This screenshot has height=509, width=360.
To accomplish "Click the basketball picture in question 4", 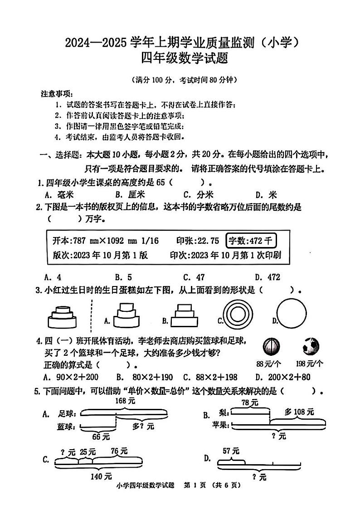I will click(272, 347).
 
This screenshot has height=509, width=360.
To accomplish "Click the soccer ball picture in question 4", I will click(311, 347).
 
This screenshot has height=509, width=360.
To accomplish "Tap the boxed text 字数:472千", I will click(251, 241).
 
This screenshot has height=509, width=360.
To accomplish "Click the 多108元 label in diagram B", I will click(299, 412).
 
